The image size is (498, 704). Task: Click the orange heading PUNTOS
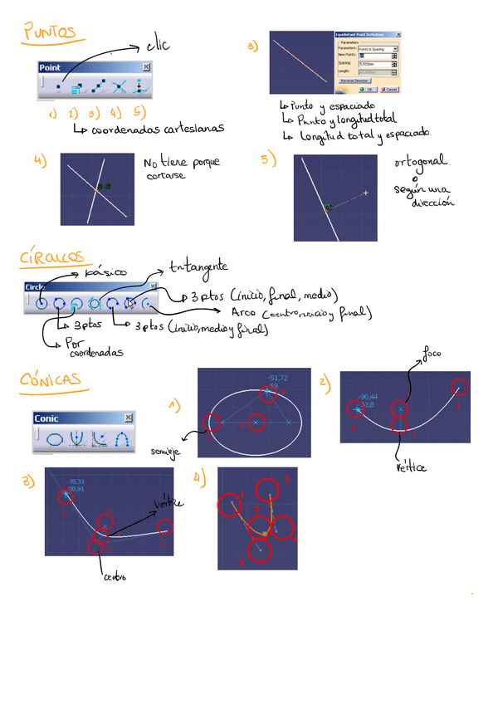49,32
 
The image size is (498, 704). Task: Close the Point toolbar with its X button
146,66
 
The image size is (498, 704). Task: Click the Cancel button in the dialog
390,89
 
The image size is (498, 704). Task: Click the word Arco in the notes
244,312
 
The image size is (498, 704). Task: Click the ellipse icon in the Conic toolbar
55,438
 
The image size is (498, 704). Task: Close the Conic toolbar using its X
128,418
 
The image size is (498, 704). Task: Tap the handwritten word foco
432,354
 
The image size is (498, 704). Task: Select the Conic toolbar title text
46,418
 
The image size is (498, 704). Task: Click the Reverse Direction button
355,81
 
